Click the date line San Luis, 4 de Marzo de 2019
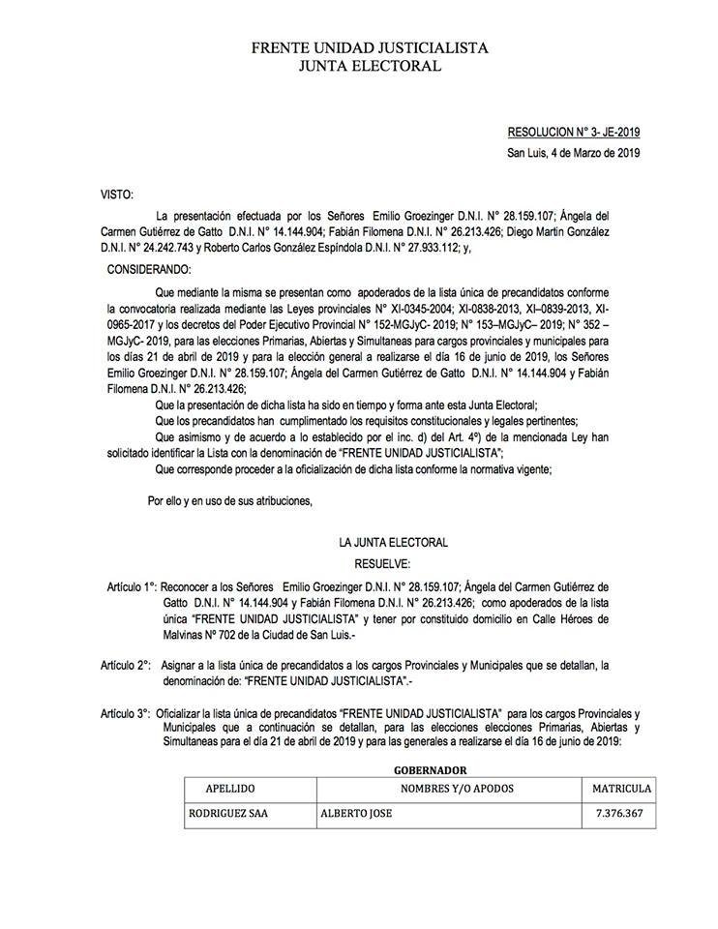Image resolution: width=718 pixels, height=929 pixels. (574, 152)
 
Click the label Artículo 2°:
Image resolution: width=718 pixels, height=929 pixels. (124, 666)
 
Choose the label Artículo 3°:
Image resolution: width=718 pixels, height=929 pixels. (124, 713)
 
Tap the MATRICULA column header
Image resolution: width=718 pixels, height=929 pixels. (622, 788)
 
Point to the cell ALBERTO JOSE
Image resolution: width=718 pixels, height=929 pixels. (356, 815)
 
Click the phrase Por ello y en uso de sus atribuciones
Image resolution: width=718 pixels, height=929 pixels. (229, 500)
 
